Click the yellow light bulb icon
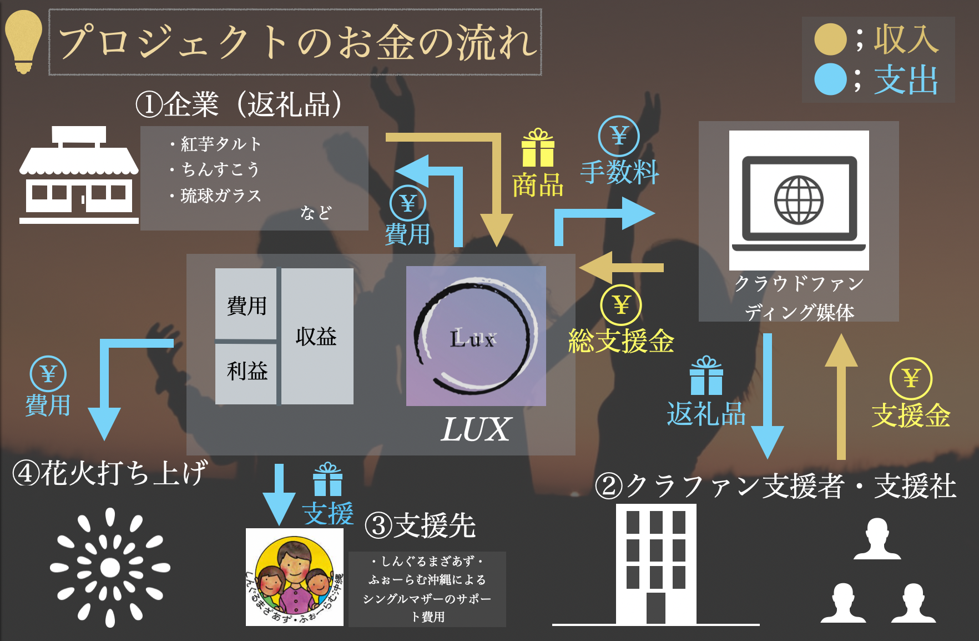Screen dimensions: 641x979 click(x=23, y=42)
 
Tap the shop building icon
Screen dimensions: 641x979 click(x=79, y=175)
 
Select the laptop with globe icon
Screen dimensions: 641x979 click(x=799, y=201)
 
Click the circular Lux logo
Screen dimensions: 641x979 click(x=476, y=336)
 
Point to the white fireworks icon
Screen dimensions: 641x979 click(x=110, y=567)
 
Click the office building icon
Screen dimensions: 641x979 click(x=656, y=564)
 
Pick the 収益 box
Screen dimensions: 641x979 click(x=317, y=336)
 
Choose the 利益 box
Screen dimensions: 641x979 click(x=246, y=370)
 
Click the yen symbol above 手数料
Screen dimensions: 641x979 click(x=619, y=136)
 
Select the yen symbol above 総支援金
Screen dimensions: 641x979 click(x=621, y=305)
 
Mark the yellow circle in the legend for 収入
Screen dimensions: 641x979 click(x=830, y=39)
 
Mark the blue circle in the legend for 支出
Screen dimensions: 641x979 click(x=830, y=79)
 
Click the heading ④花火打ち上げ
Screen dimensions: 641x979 click(x=110, y=473)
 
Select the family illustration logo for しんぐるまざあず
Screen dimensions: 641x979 click(x=295, y=577)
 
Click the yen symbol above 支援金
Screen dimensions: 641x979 click(x=911, y=379)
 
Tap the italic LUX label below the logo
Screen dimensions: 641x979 click(x=475, y=429)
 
